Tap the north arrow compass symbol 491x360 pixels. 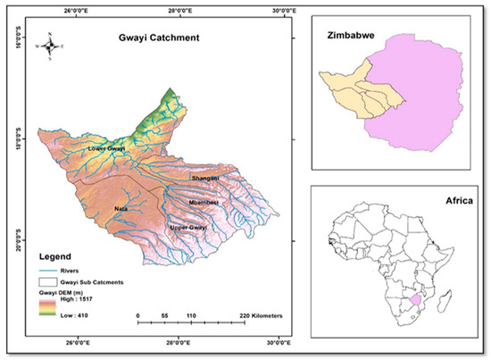point(51,42)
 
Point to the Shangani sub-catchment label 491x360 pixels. point(204,179)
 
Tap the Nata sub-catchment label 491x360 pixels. point(121,209)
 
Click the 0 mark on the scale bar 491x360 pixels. point(137,316)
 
